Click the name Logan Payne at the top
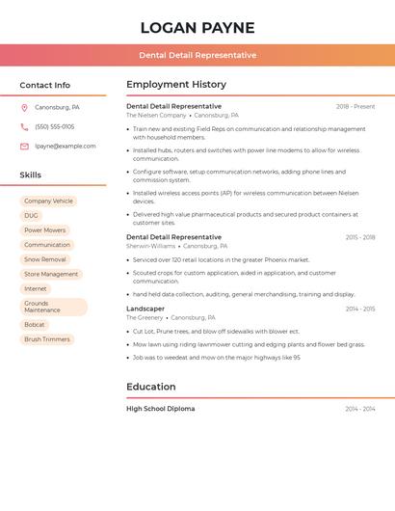[197, 27]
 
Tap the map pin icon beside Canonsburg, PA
[24, 107]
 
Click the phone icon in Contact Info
[24, 126]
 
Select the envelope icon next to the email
[24, 147]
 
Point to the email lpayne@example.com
[66, 147]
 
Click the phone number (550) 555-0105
[54, 126]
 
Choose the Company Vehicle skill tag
[48, 202]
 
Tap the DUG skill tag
[31, 216]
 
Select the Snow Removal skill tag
[45, 259]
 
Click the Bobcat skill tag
[35, 325]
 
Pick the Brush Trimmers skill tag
[47, 339]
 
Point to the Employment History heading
[176, 85]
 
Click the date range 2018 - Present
[355, 107]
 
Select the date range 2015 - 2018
[360, 237]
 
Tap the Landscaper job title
[145, 309]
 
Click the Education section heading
[151, 387]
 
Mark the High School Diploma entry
[160, 409]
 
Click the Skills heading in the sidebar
[31, 175]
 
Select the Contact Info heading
[45, 85]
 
